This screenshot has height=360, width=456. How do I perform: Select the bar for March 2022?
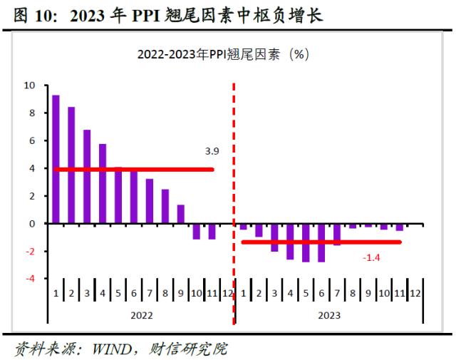(87, 177)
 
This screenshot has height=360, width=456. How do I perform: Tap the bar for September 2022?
(180, 214)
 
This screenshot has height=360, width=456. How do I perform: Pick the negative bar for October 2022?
(196, 231)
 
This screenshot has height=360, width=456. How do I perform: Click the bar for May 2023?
(306, 242)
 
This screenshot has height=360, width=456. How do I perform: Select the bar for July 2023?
(337, 235)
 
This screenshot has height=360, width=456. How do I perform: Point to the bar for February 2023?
(259, 230)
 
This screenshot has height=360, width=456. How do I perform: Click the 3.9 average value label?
(212, 151)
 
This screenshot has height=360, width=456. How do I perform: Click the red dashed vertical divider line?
(234, 178)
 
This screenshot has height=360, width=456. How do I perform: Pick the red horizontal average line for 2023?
(321, 242)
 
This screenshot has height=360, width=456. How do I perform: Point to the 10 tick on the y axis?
(30, 86)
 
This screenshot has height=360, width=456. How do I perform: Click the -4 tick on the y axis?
(31, 279)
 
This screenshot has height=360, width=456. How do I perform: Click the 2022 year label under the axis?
(141, 314)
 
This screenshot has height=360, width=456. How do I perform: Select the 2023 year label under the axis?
(328, 314)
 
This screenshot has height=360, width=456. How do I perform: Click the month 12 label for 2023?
(415, 293)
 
